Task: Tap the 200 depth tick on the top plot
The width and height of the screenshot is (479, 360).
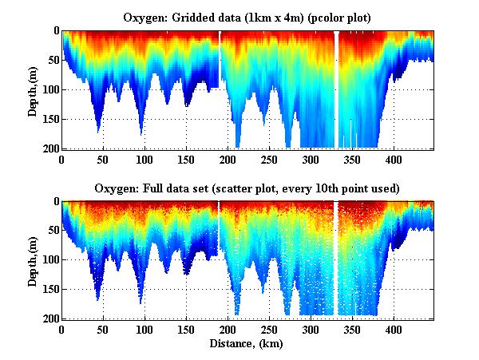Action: coord(49,148)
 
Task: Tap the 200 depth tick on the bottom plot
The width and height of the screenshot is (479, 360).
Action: coord(49,318)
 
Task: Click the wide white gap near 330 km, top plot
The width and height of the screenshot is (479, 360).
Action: coord(336,88)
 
